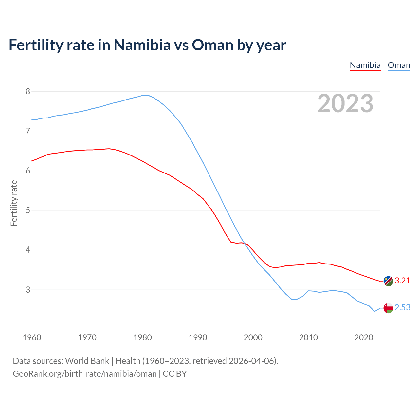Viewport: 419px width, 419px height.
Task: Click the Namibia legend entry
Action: tap(365, 65)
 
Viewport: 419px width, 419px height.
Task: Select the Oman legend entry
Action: tap(399, 65)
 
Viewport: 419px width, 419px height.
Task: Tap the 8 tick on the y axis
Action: tap(28, 91)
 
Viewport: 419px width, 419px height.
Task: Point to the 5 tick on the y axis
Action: tap(28, 210)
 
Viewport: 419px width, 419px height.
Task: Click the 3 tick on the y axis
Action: tap(28, 290)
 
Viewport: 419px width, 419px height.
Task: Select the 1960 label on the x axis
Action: tap(32, 337)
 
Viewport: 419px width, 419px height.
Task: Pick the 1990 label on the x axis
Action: tap(198, 337)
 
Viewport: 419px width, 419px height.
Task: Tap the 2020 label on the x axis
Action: tap(364, 337)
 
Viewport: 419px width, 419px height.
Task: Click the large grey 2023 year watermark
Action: tap(345, 103)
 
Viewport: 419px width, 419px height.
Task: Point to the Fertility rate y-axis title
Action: tap(14, 203)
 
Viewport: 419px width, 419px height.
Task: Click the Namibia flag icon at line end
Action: tap(388, 281)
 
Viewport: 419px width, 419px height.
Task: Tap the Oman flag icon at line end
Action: tap(388, 308)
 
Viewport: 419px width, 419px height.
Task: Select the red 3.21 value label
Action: tap(402, 281)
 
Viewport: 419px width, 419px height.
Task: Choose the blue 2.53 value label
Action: tap(402, 308)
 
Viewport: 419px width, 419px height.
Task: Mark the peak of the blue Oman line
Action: tap(147, 95)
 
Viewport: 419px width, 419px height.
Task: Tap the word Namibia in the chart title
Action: tap(142, 45)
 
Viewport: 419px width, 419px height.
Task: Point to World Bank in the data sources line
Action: tap(87, 361)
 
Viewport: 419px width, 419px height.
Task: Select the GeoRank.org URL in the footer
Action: tap(84, 374)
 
